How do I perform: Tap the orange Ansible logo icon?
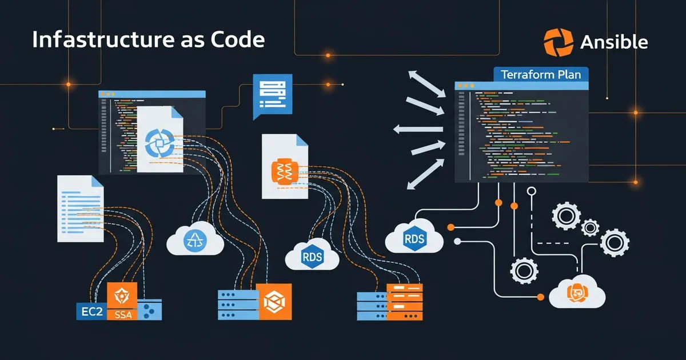point(558,42)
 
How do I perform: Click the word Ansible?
point(613,42)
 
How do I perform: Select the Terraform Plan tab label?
point(540,75)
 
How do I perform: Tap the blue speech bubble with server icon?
point(272,94)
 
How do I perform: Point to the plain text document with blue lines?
point(80,209)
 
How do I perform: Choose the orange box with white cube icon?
point(274,301)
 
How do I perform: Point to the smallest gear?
point(590,228)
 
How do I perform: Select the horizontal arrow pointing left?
point(417,129)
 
